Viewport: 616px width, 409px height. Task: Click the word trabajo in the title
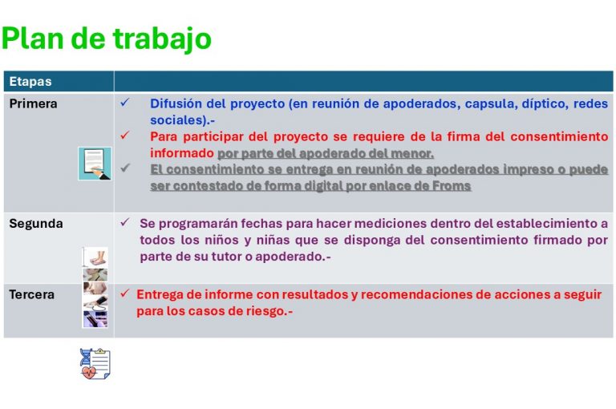point(162,39)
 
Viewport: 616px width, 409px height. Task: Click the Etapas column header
point(30,81)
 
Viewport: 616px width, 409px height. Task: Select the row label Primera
point(33,103)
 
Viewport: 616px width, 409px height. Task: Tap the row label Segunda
point(36,224)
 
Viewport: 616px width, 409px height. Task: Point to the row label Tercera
point(31,294)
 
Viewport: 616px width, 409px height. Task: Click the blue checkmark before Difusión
point(125,103)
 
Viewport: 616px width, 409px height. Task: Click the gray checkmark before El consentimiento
point(125,168)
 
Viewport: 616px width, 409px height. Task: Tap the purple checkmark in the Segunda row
point(125,222)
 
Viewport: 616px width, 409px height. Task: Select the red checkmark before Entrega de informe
point(125,293)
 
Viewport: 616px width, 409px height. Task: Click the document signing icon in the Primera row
point(95,164)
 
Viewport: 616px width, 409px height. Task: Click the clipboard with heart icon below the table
point(95,364)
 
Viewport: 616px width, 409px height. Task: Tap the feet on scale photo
point(95,257)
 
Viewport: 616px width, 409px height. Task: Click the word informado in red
point(182,153)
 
